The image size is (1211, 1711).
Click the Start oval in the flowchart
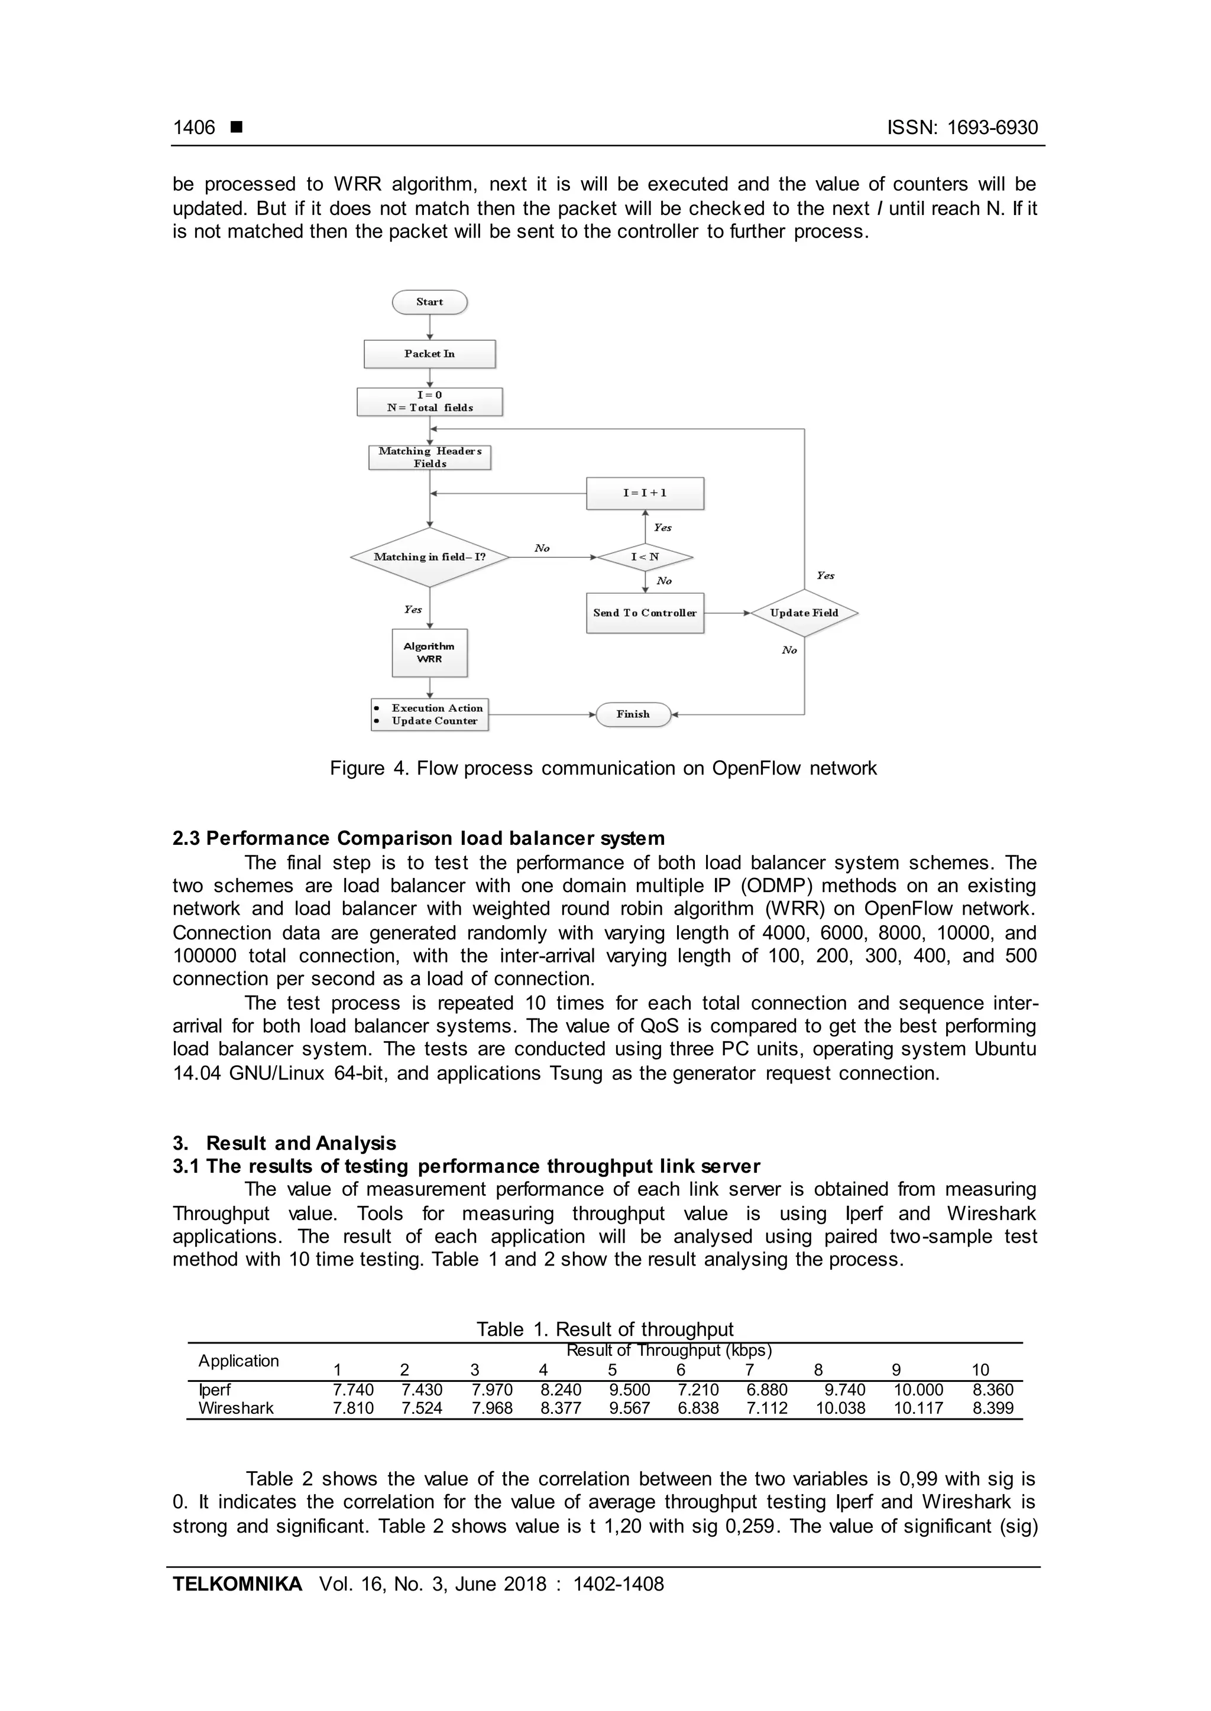429,302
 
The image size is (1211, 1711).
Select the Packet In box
429,354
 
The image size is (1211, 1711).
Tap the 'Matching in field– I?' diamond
429,557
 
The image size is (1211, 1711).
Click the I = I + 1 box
645,493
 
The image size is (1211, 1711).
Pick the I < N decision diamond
645,557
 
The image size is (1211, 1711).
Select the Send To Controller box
645,613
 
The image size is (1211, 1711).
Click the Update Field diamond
804,613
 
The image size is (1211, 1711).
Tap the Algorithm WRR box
429,653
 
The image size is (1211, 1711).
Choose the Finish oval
633,714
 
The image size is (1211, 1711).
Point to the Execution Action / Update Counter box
429,714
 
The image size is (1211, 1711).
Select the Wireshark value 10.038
840,1408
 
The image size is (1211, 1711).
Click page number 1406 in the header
194,128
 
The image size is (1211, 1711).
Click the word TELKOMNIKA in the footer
237,1583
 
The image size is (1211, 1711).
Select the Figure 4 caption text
603,768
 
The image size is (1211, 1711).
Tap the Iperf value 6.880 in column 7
766,1390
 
